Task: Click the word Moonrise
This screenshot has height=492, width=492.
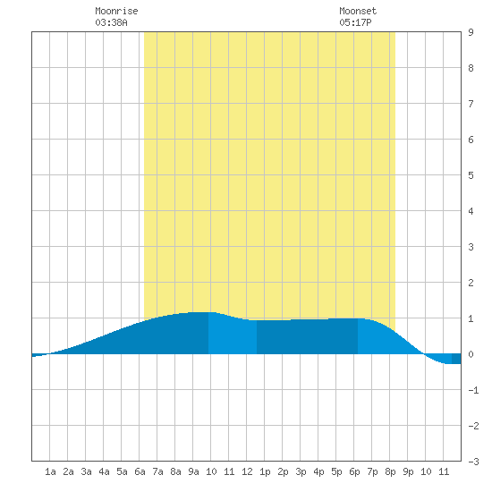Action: (116, 11)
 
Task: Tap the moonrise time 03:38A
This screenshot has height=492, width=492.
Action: (111, 22)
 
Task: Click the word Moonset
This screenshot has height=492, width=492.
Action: (358, 11)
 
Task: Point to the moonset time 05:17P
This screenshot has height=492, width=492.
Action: (355, 22)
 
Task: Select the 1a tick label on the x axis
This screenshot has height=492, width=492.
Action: (50, 471)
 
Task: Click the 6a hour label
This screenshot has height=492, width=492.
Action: (140, 471)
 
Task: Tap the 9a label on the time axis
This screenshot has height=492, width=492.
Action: (193, 471)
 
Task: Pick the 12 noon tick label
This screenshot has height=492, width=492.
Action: (247, 471)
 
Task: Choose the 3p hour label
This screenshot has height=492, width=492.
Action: (301, 471)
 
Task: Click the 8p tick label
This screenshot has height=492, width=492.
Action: (390, 471)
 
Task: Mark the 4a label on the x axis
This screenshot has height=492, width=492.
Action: (104, 471)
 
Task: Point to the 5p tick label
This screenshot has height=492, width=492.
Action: (336, 471)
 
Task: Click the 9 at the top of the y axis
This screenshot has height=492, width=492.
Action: (471, 32)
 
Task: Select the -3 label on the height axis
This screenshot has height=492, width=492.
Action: (473, 462)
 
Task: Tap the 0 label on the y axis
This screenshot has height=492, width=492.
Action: (471, 354)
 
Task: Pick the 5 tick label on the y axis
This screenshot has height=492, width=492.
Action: (471, 175)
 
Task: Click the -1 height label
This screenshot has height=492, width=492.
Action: (473, 390)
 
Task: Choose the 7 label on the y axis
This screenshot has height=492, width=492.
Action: (471, 104)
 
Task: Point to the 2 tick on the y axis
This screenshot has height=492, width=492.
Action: (471, 283)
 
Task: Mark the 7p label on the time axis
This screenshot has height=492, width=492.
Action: (372, 471)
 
